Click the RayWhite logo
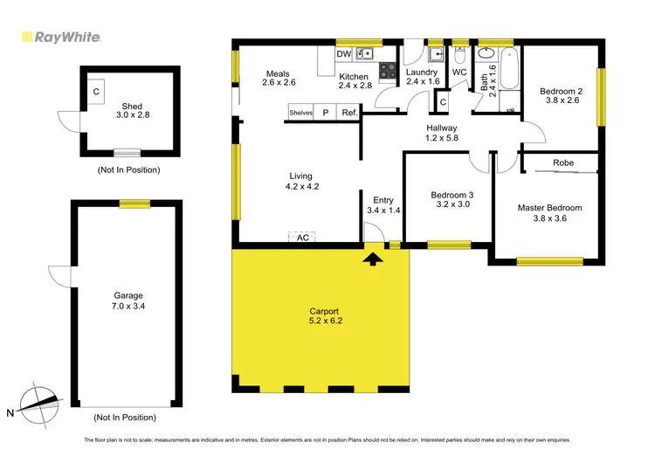pos(59,38)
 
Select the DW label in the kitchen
pos(344,53)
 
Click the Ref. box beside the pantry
pos(349,113)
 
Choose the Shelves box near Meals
pos(301,113)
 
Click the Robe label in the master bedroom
pos(563,162)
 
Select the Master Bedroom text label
pos(549,208)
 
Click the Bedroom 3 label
pos(452,196)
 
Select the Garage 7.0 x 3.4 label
pos(128,301)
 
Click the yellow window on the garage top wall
pos(132,204)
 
